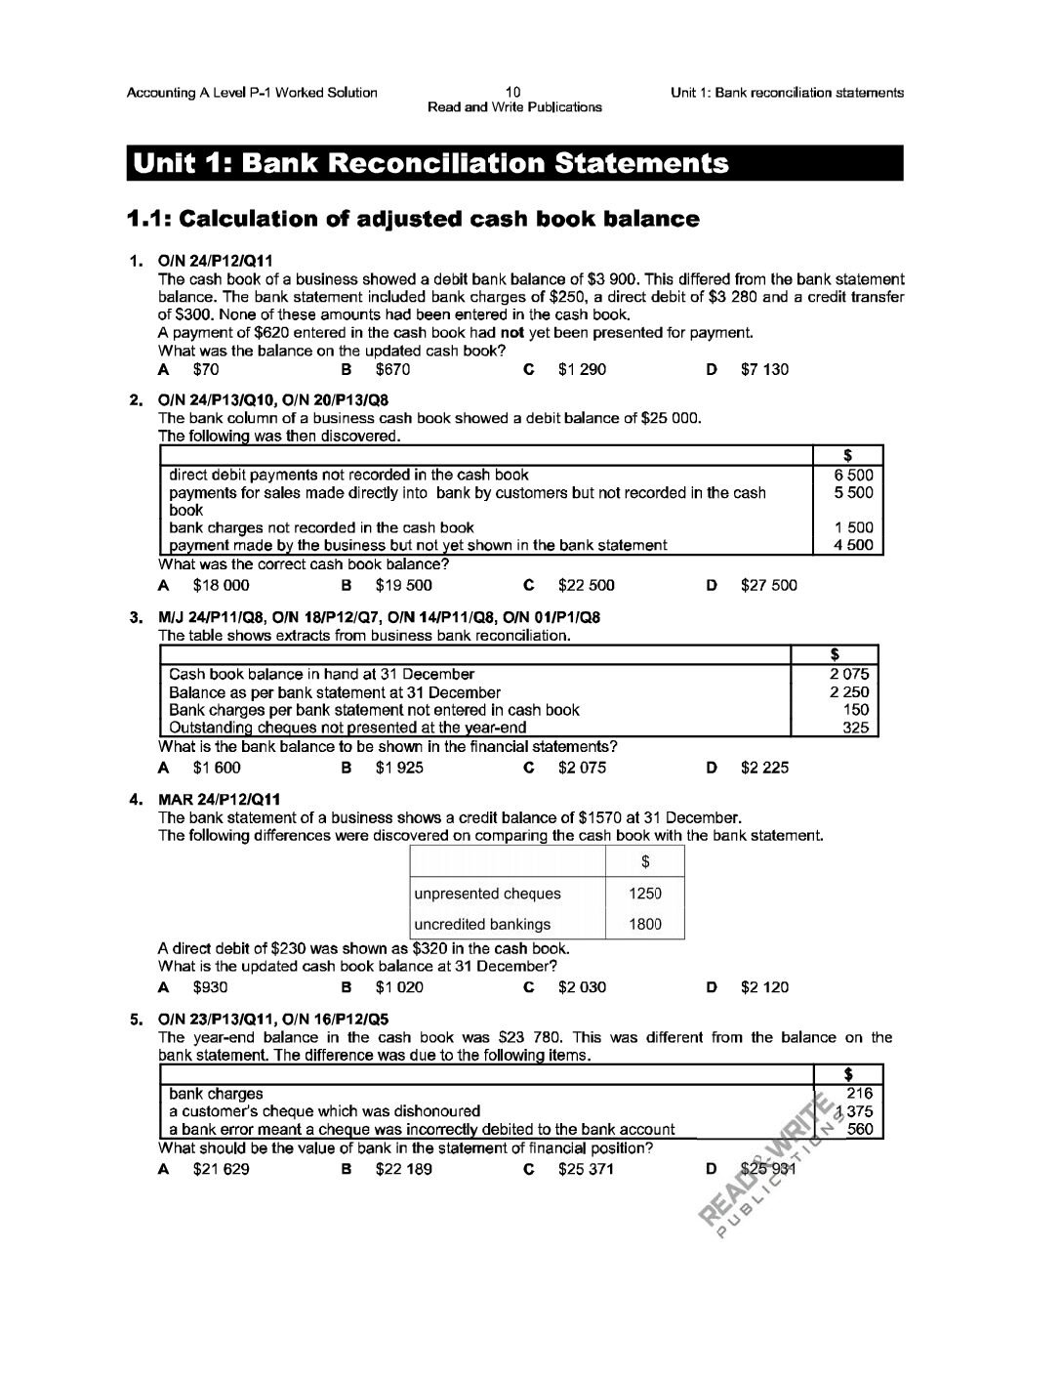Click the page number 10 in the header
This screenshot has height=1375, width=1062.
tap(514, 93)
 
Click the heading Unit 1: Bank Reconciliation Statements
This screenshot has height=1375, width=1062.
tap(430, 163)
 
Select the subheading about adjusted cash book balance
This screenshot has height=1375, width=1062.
tap(413, 219)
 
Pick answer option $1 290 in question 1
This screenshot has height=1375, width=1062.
tap(582, 369)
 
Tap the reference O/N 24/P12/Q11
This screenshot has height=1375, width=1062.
tap(216, 261)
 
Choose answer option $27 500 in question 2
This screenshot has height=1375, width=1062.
tap(768, 585)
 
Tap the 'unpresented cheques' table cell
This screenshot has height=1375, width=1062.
tap(488, 894)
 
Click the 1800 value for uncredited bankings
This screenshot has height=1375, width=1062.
tap(644, 924)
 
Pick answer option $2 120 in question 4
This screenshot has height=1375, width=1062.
tap(764, 987)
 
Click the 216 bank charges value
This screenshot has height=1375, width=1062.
tap(859, 1094)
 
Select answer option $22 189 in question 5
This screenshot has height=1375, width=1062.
tap(403, 1169)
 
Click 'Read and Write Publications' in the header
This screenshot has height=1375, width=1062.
tap(514, 107)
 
